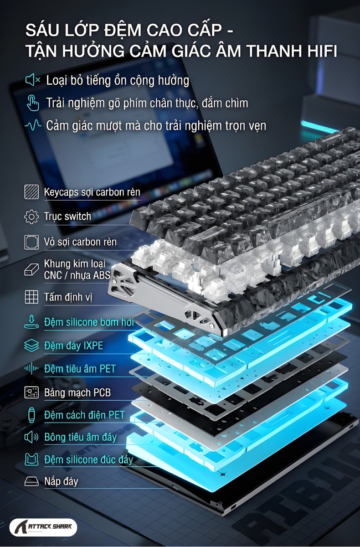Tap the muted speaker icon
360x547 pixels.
coord(33,80)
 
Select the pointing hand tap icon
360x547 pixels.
coord(32,103)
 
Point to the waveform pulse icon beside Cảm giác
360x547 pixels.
coord(33,125)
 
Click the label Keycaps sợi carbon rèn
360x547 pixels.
coord(92,192)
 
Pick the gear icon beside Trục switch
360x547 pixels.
coord(31,217)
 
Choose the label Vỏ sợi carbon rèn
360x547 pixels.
coord(80,242)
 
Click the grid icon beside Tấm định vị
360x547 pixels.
coord(31,297)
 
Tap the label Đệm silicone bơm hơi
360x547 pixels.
coord(89,322)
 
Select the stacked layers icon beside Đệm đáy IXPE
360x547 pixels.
coord(31,346)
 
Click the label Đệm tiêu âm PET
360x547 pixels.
coord(80,369)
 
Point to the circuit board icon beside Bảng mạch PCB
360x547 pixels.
coord(31,392)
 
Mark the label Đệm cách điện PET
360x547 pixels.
coord(84,415)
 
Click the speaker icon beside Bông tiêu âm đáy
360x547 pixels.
coord(31,437)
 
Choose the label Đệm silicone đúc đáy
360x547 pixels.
coord(88,459)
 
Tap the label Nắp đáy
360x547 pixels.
coord(61,481)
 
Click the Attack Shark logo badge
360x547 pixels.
coord(43,527)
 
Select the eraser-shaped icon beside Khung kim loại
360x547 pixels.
coord(31,269)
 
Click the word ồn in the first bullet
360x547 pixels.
coord(120,81)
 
